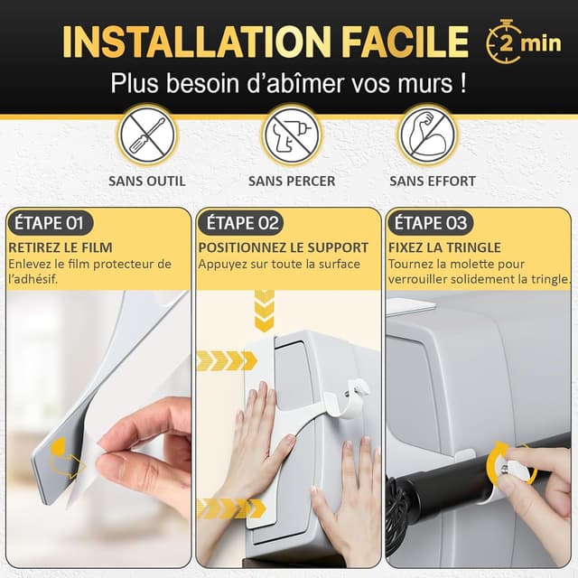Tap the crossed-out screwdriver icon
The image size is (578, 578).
(x=147, y=135)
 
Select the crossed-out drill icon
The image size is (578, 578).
(x=291, y=135)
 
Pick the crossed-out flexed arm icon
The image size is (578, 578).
(x=427, y=135)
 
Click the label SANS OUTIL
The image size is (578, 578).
(x=146, y=181)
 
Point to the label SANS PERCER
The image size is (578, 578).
(x=292, y=181)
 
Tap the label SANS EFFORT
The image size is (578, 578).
(x=433, y=181)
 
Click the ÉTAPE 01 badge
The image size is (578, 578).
(x=50, y=223)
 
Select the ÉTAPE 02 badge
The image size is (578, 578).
(x=241, y=223)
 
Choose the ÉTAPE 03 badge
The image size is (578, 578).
(x=430, y=223)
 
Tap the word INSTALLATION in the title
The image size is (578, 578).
(x=196, y=42)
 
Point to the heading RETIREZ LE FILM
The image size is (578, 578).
(x=61, y=247)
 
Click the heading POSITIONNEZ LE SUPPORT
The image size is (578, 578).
(x=283, y=247)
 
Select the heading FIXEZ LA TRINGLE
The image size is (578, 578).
(x=444, y=247)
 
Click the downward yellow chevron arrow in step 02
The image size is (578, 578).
(x=265, y=311)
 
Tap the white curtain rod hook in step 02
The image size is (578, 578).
(x=347, y=400)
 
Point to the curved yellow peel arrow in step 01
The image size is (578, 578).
(x=64, y=458)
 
